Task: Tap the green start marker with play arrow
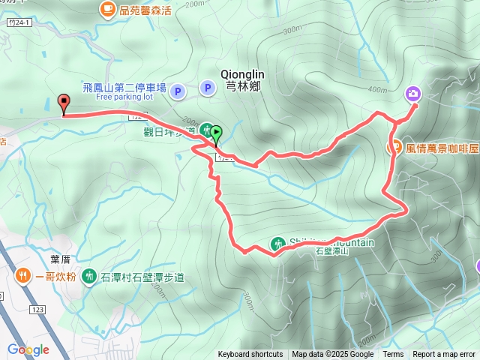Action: pyautogui.click(x=217, y=134)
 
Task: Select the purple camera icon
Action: pyautogui.click(x=413, y=94)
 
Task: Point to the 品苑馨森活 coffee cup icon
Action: pyautogui.click(x=106, y=9)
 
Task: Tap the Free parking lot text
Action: pyautogui.click(x=124, y=97)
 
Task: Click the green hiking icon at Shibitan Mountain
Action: pyautogui.click(x=277, y=244)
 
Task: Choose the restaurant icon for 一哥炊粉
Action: pyautogui.click(x=25, y=276)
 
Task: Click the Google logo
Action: pyautogui.click(x=28, y=349)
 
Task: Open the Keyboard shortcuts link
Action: pyautogui.click(x=250, y=355)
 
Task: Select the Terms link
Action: pyautogui.click(x=393, y=355)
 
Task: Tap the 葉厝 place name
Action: pyautogui.click(x=60, y=259)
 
